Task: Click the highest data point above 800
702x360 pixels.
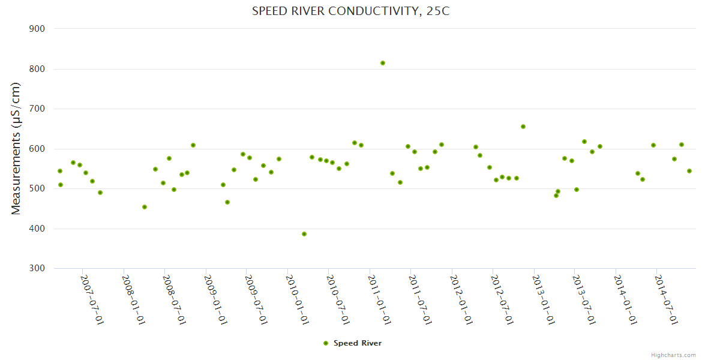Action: [383, 63]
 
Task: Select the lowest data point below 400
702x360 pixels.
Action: [304, 234]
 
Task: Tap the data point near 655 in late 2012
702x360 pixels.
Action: [523, 127]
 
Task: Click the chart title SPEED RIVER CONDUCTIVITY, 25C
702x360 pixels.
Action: [350, 11]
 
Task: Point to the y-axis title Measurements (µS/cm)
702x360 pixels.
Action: [16, 148]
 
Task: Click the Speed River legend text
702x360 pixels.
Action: [358, 343]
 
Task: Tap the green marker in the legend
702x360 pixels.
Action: [326, 343]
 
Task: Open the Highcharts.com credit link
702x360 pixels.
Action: [673, 355]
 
